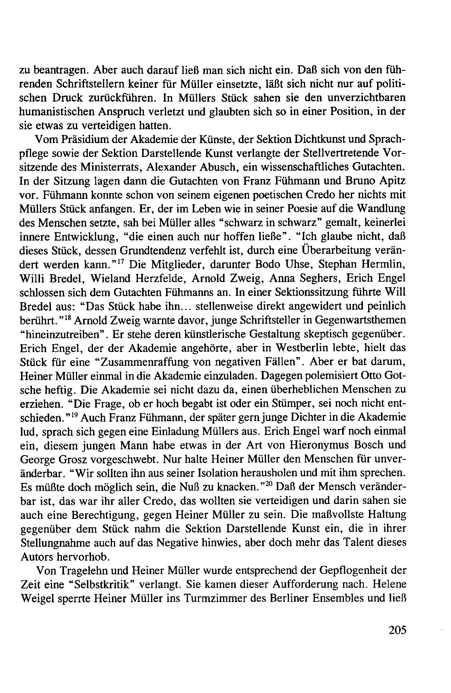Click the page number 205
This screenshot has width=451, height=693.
[x=397, y=630]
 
